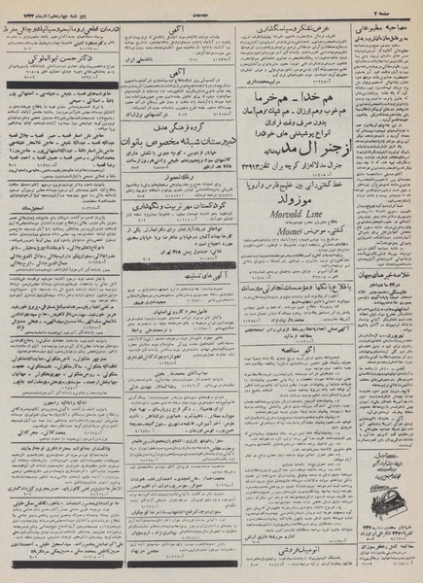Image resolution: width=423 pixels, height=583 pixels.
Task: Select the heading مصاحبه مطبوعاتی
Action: pos(385,21)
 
